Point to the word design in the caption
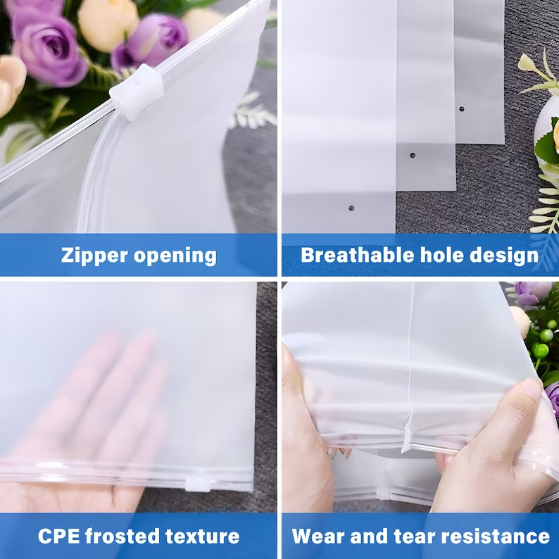coord(505,255)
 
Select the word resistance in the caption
coord(496,536)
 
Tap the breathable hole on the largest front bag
coord(351,208)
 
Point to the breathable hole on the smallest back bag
coord(461,109)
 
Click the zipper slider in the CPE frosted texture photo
coord(198,484)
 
